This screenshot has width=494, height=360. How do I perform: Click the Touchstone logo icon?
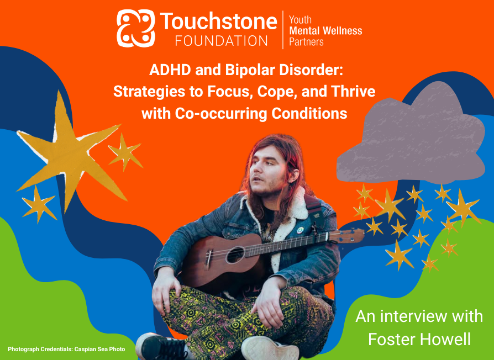pos(136,28)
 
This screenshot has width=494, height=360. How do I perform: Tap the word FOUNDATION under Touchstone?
pos(222,41)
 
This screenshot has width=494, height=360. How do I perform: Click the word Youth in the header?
pos(300,19)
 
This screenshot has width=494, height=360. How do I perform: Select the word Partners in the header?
pos(306,42)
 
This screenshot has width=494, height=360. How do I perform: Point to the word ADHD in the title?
pos(170,70)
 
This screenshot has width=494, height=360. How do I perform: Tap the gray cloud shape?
pos(411,135)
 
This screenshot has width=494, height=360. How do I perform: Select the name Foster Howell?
pos(419,339)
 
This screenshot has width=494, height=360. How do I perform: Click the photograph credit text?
pos(66,350)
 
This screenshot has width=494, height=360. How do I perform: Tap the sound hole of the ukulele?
pos(235,255)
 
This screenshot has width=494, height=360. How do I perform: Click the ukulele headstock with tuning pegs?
pos(346,235)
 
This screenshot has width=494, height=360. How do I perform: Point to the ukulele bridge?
pos(208,258)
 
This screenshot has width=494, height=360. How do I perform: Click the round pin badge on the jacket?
pos(300,230)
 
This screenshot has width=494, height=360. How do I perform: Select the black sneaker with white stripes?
pos(161,347)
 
